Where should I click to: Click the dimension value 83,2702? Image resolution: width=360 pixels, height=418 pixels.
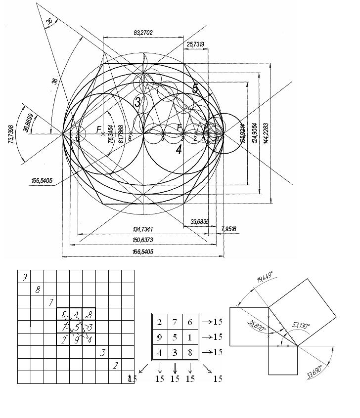tap(143, 33)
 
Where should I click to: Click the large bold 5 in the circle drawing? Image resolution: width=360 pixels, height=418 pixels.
tap(196, 89)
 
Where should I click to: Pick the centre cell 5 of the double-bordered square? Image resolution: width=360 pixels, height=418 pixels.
tap(175, 337)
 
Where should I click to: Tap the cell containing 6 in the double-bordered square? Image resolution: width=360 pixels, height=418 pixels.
tap(190, 322)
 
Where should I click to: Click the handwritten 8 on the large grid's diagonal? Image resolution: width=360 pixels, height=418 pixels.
tap(38, 290)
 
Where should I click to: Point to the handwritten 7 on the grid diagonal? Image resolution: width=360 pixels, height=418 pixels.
tap(50, 302)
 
